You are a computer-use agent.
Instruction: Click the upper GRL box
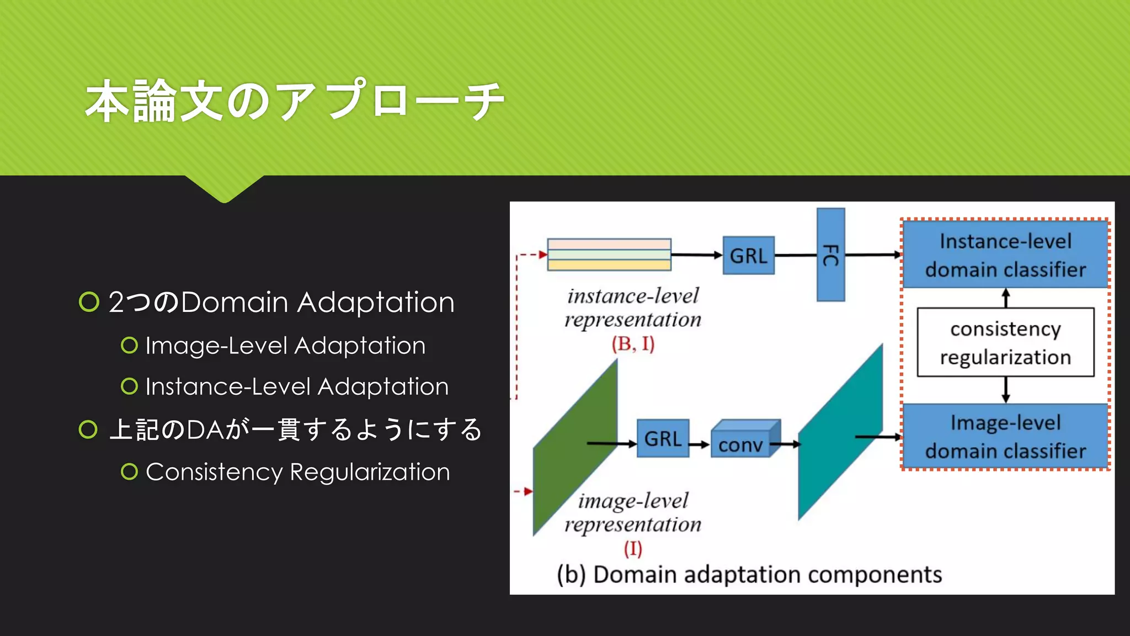(x=748, y=256)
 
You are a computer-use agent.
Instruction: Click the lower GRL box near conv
(x=663, y=438)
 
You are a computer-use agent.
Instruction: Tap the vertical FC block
(x=830, y=255)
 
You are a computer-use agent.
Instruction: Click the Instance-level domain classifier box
(x=1005, y=255)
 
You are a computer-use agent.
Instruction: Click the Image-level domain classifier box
(x=1005, y=436)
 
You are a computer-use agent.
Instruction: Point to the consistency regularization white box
(x=1005, y=342)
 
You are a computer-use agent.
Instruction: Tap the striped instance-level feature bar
(x=609, y=255)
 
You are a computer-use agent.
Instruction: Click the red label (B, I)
(x=633, y=344)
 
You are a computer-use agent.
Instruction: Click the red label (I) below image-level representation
(x=633, y=548)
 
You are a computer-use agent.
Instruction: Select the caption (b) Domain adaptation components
(x=749, y=574)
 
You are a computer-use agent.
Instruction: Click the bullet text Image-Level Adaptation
(x=285, y=346)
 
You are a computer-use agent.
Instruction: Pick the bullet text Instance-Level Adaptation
(x=297, y=386)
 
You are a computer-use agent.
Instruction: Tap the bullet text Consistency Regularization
(x=297, y=472)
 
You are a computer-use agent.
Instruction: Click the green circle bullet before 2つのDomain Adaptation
(x=89, y=302)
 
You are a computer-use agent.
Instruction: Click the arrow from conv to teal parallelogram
(x=786, y=444)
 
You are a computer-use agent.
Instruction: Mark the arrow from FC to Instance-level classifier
(x=873, y=255)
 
